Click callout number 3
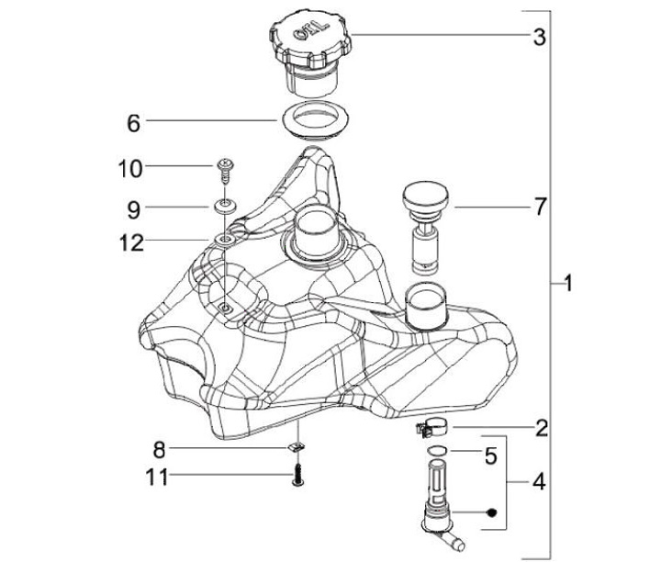(540, 38)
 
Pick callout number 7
(540, 208)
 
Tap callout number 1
(568, 284)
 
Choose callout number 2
(542, 427)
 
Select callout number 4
(540, 481)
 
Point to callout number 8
(159, 450)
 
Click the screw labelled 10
(224, 168)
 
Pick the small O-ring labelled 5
(439, 452)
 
